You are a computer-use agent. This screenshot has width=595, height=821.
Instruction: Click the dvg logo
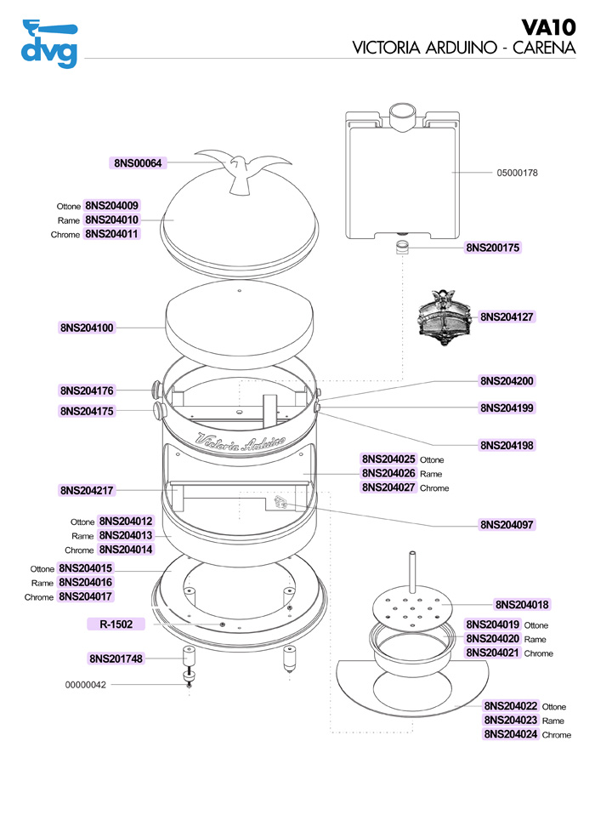coord(48,43)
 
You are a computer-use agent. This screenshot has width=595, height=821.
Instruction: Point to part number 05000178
coord(517,173)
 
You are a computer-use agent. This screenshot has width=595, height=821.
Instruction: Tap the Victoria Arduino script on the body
coord(241,442)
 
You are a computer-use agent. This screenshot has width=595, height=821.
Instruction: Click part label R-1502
coord(116,624)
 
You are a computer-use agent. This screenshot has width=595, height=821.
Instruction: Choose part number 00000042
coord(86,685)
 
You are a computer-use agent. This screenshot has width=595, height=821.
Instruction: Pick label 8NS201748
coord(116,658)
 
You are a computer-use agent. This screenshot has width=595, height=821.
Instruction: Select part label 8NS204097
coord(507,524)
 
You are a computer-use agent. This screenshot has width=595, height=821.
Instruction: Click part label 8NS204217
coord(87,490)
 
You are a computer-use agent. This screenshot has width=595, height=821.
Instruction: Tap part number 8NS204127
coord(507,316)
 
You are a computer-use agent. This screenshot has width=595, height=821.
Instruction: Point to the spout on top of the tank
coord(400,116)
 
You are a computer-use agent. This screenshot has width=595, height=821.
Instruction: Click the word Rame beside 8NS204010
coord(69,220)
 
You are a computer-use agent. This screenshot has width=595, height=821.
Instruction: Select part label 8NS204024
coord(511,734)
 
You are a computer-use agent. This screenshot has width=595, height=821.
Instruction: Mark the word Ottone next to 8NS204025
coord(432,459)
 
